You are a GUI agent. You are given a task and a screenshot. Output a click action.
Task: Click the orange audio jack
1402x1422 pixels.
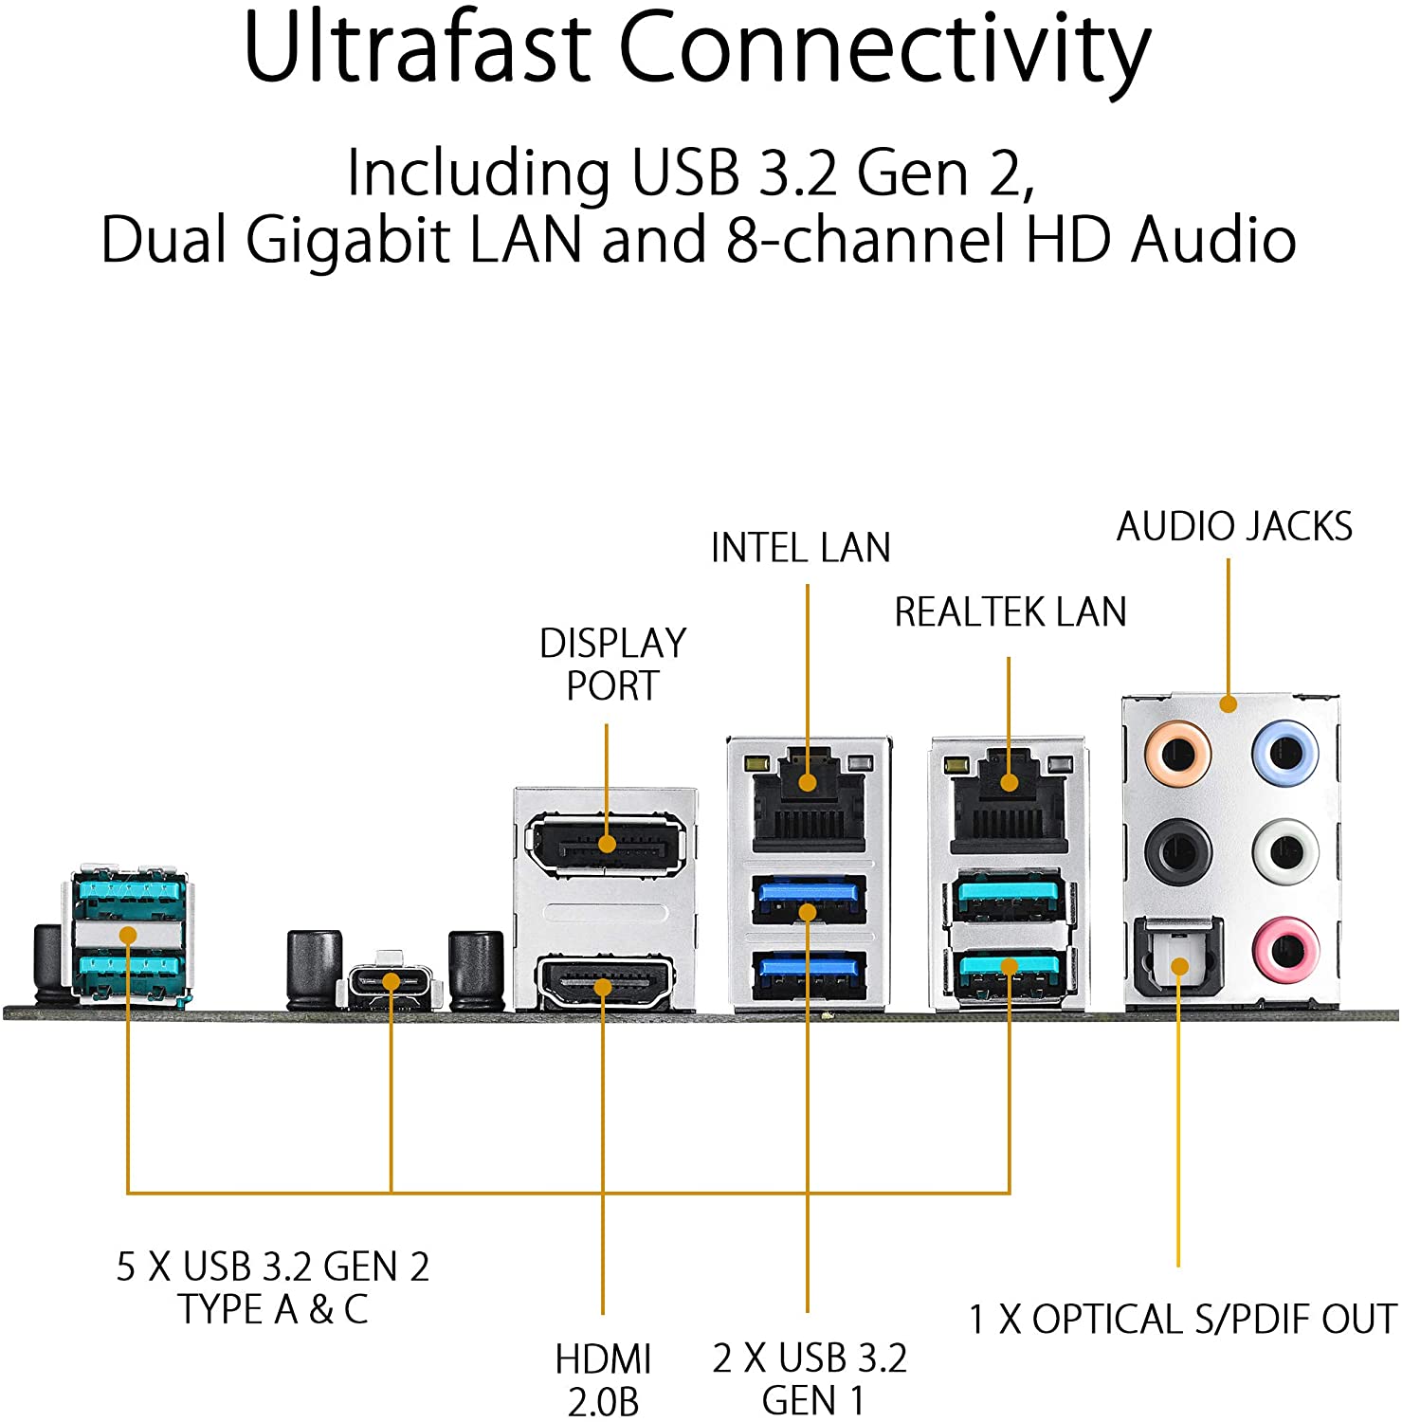coord(1176,755)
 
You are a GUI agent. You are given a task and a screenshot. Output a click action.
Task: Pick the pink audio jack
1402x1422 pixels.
coord(1285,949)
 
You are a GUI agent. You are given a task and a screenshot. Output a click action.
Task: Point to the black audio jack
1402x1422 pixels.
coord(1177,850)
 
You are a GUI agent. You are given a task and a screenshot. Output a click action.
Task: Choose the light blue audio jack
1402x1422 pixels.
coord(1285,754)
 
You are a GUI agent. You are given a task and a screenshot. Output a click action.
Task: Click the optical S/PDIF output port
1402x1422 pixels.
coord(1178,962)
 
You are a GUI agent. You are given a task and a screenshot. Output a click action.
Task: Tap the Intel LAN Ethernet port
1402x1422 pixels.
coord(808,798)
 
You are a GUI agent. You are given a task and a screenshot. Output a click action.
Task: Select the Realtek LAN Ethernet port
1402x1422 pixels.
coord(1010,799)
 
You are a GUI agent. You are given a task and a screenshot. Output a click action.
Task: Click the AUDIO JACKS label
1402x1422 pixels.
coord(1234,527)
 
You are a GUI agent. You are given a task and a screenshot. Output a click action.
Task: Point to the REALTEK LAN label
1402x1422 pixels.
coord(1011,612)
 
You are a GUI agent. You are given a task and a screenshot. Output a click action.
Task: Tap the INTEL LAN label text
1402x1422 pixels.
coord(801,548)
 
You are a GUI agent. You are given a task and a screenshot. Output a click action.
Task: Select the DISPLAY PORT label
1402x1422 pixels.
coord(612,664)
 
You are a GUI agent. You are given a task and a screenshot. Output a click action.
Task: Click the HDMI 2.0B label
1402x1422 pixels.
coord(604,1379)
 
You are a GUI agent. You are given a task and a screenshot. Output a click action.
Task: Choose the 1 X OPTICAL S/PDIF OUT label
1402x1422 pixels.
coord(1182,1319)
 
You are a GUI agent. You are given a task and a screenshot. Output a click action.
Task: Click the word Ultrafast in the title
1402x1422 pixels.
coord(417,47)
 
